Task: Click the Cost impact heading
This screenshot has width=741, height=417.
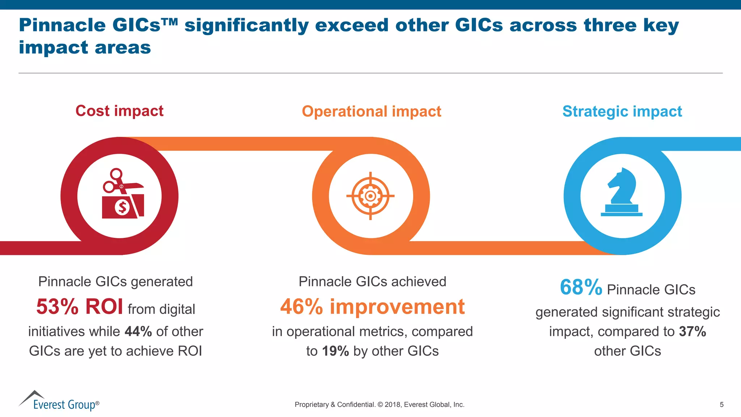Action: (119, 111)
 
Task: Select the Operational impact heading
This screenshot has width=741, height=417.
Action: (371, 111)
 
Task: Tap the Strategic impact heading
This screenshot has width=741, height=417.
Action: (622, 111)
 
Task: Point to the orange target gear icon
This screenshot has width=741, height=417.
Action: (370, 196)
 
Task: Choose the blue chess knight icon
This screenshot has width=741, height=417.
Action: (622, 192)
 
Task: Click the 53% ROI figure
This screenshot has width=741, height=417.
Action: (80, 307)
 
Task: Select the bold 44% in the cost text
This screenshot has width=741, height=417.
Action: (138, 332)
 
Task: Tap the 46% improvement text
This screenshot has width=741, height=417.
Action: (372, 307)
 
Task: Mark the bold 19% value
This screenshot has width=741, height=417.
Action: (335, 351)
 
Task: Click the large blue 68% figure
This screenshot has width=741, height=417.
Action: (581, 287)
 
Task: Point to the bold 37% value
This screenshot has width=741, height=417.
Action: (692, 332)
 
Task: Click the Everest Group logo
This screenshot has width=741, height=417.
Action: (59, 401)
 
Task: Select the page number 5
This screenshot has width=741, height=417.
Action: (721, 405)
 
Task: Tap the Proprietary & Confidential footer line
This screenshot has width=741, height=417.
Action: (379, 405)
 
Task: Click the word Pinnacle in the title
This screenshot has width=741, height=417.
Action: (62, 25)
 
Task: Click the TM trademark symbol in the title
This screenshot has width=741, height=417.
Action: (170, 22)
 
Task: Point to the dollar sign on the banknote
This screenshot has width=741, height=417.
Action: (122, 207)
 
